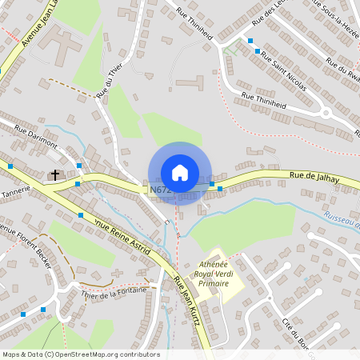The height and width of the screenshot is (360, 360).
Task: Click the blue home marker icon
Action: point(180,173)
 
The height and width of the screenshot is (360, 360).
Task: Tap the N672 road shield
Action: point(158,190)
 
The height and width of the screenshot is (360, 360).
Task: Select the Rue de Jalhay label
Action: point(311,174)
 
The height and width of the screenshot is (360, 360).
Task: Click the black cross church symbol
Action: point(56,174)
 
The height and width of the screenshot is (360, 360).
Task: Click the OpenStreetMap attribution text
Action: point(80,354)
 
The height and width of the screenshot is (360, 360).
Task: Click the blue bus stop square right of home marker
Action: point(212,185)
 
